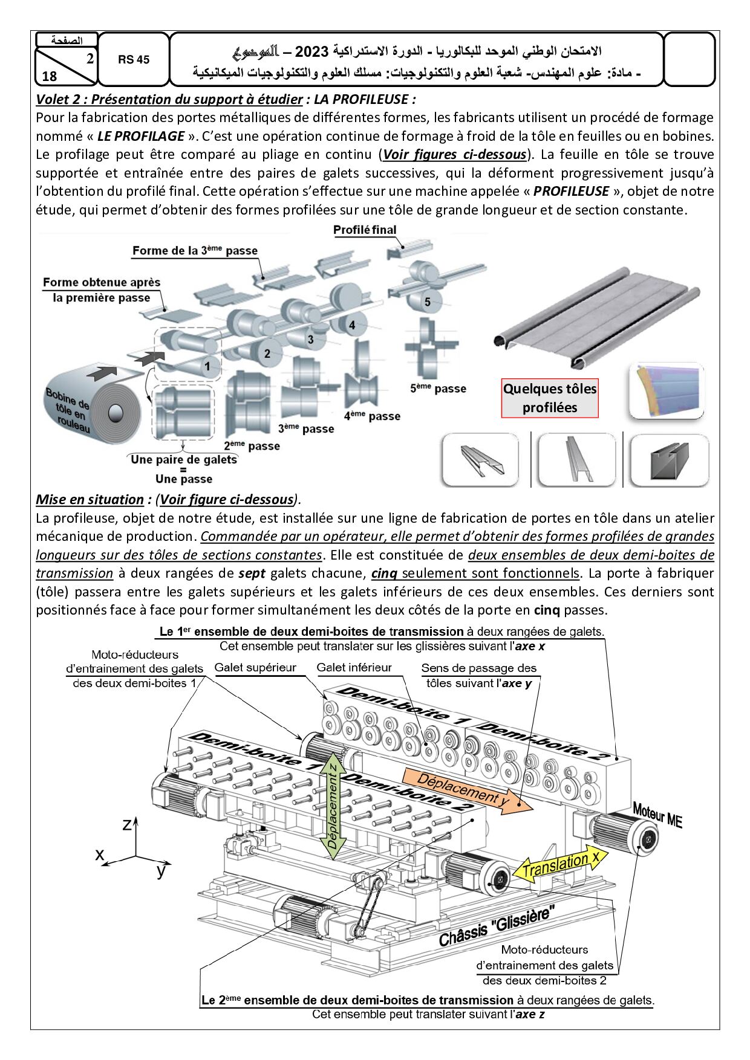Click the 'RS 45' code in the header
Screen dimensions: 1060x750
[134, 59]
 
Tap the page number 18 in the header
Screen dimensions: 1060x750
[50, 76]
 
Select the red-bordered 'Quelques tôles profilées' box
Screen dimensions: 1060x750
[550, 398]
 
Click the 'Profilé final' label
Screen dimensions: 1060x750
[365, 230]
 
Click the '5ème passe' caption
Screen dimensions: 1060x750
[438, 388]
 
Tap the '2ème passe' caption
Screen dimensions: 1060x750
[252, 446]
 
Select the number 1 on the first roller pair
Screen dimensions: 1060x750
[207, 366]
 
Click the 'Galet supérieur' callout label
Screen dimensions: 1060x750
[255, 668]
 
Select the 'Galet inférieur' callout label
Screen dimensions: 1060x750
[354, 668]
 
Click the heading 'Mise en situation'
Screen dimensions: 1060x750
[90, 499]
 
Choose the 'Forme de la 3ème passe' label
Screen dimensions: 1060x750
[195, 250]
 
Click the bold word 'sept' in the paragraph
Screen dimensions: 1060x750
[252, 573]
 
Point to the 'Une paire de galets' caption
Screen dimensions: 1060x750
[184, 459]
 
